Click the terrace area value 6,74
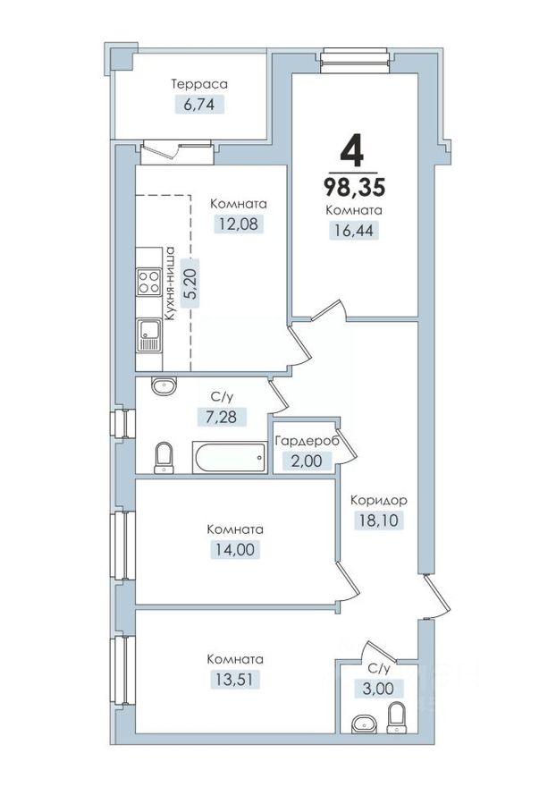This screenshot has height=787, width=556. (199, 105)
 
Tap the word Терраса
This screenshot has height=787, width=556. (199, 84)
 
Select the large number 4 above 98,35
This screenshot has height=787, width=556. (353, 152)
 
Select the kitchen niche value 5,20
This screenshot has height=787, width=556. (189, 283)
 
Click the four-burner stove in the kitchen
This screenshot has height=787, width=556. (147, 283)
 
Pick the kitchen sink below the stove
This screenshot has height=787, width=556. (147, 338)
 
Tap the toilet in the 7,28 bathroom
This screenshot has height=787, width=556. (164, 458)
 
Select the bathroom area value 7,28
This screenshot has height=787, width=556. (222, 416)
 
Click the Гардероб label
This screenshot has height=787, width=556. (305, 442)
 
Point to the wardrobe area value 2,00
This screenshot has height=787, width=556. (305, 461)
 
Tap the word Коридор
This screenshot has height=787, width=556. (379, 500)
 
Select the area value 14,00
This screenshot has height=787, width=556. (234, 549)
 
